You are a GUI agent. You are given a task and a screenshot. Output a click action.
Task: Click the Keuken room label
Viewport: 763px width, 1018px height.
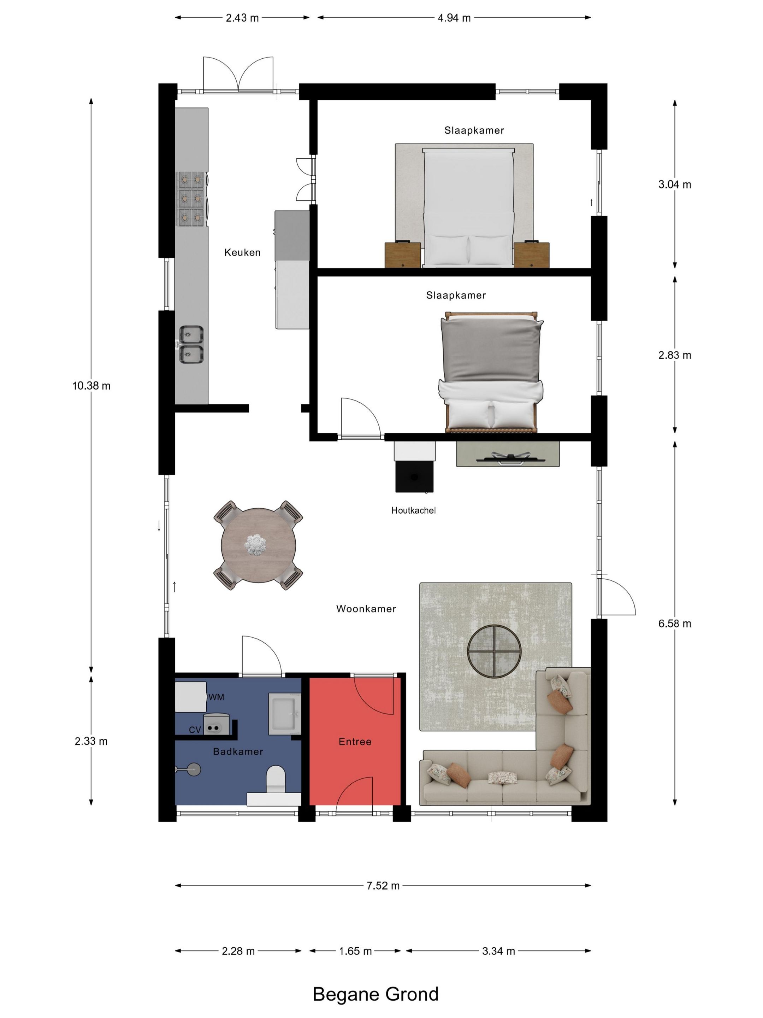point(242,252)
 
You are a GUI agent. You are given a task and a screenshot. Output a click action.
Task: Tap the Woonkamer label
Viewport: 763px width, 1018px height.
point(366,609)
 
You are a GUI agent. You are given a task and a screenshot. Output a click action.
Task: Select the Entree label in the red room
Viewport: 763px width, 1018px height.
point(355,742)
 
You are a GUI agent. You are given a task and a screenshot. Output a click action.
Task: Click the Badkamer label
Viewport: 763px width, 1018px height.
point(238,751)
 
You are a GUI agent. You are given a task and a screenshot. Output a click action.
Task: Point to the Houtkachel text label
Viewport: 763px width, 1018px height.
point(413,510)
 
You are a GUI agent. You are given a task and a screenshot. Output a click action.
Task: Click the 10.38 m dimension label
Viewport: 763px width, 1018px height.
point(91,386)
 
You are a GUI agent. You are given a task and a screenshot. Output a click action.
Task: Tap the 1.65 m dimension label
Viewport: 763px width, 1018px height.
point(355,951)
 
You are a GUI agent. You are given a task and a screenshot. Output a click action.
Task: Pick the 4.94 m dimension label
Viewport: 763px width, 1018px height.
point(454,18)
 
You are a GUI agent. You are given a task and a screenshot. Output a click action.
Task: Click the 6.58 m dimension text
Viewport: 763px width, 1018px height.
point(674,624)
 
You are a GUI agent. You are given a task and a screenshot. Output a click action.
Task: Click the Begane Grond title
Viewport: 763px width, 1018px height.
point(375,994)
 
